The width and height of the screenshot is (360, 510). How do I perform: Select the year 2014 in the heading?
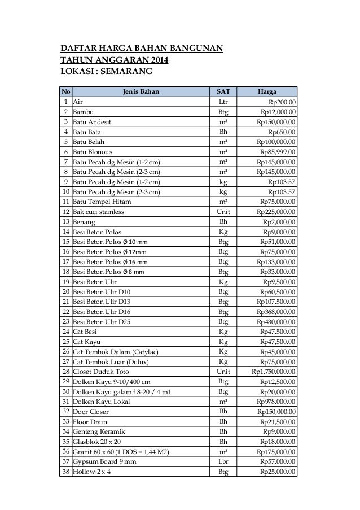[156, 60]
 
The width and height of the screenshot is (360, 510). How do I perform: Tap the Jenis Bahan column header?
[141, 91]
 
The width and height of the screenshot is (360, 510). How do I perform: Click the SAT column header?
[223, 91]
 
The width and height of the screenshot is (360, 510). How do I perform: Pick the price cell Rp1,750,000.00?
[274, 372]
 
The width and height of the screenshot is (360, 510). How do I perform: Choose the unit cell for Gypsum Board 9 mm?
[223, 461]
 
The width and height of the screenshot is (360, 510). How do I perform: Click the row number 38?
[66, 472]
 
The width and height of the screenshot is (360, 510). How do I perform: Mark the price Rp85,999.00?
[278, 152]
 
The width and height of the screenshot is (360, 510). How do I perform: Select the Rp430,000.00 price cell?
[276, 322]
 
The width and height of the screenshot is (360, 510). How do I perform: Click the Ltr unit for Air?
[223, 102]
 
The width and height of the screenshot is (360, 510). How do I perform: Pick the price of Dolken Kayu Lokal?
[276, 402]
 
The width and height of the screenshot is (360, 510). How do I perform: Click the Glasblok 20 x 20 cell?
[96, 442]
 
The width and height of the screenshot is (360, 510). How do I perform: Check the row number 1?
[66, 102]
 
